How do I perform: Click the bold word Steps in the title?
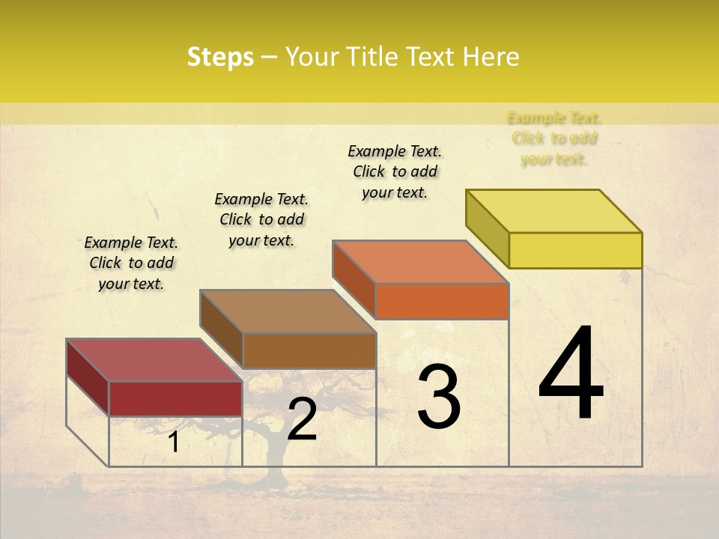(220, 57)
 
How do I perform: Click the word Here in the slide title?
(491, 57)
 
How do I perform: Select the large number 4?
(571, 374)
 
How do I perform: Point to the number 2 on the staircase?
(302, 419)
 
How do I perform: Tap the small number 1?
(173, 442)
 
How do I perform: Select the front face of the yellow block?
(575, 250)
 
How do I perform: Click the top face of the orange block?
(420, 262)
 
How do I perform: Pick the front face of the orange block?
(442, 301)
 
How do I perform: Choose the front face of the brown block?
(309, 350)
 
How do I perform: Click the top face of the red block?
(154, 360)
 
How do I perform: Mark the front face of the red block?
(175, 398)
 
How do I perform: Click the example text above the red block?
(131, 263)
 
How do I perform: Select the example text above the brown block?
(261, 219)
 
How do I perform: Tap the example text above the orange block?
(395, 171)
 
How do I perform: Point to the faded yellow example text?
(554, 138)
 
